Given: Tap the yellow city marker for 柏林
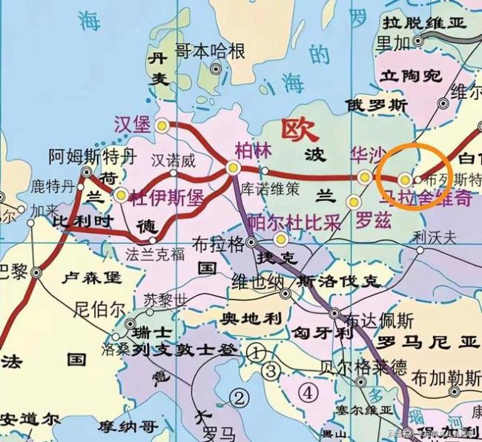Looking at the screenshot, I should pyautogui.click(x=234, y=169).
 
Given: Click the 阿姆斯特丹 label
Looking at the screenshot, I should pyautogui.click(x=93, y=156).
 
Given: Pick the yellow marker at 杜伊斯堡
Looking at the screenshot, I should pyautogui.click(x=121, y=196).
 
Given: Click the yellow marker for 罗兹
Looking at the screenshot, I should pyautogui.click(x=354, y=202).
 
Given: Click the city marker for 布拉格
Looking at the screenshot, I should pyautogui.click(x=251, y=242).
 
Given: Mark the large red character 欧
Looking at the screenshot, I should pyautogui.click(x=300, y=132).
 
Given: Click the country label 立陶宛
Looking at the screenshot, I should pyautogui.click(x=410, y=76).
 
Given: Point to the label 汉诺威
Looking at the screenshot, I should pyautogui.click(x=173, y=160).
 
